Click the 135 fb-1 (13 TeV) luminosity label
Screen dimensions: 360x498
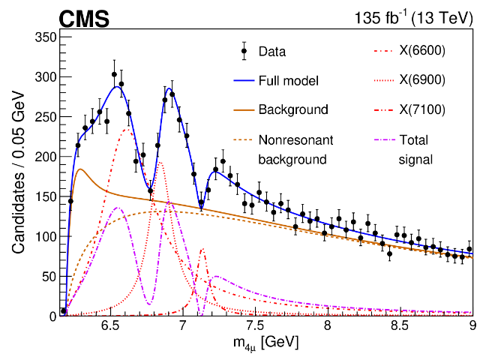pyautogui.click(x=414, y=18)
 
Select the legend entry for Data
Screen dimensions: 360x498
pyautogui.click(x=272, y=52)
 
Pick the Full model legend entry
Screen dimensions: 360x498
pyautogui.click(x=289, y=81)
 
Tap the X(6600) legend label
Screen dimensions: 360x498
pyautogui.click(x=422, y=52)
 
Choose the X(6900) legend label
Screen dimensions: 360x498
pyautogui.click(x=422, y=81)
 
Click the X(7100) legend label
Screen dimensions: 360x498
pyautogui.click(x=422, y=109)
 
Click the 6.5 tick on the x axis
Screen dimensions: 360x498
pyautogui.click(x=110, y=327)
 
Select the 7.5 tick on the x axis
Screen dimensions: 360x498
pyautogui.click(x=256, y=327)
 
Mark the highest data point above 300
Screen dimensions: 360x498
pyautogui.click(x=114, y=74)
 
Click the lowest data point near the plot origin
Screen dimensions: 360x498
pyautogui.click(x=64, y=310)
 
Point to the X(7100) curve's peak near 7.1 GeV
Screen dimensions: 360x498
pyautogui.click(x=202, y=250)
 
